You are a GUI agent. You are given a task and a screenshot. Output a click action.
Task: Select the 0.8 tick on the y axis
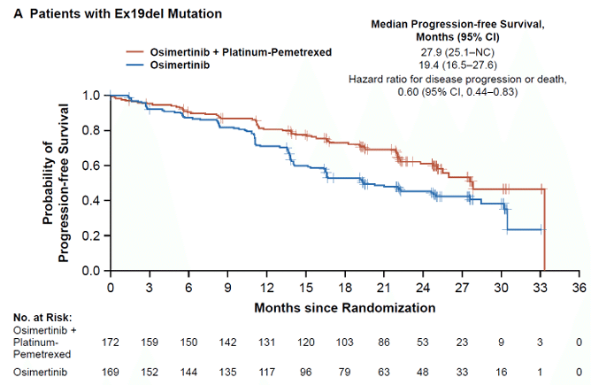pyautogui.click(x=91, y=130)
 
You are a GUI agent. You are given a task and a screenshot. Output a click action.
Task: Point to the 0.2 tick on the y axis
pyautogui.click(x=91, y=235)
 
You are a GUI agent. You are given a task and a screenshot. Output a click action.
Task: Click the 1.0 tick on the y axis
pyautogui.click(x=91, y=95)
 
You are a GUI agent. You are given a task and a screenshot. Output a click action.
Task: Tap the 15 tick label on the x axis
pyautogui.click(x=305, y=288)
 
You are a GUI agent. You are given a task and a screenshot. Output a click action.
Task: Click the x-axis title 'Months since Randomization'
pyautogui.click(x=344, y=308)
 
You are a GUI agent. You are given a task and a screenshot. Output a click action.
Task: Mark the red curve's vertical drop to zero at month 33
pyautogui.click(x=544, y=230)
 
